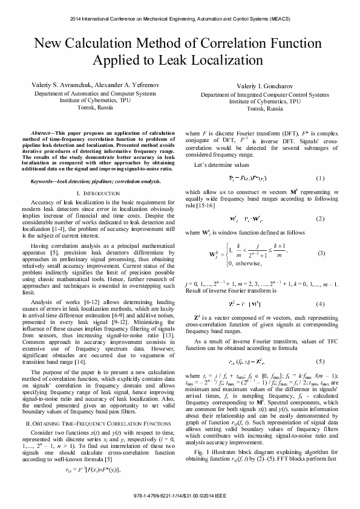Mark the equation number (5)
(x=321, y=345)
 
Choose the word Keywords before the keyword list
(x=44, y=181)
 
